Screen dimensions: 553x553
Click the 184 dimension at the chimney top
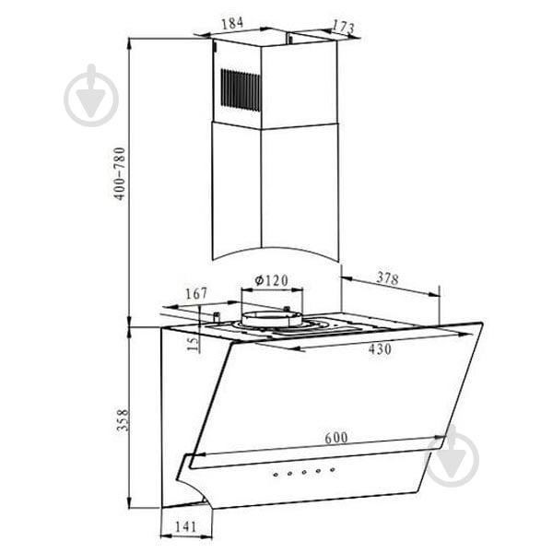click(x=232, y=23)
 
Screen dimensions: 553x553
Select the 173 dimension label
click(x=344, y=26)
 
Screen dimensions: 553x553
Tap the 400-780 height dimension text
click(x=120, y=174)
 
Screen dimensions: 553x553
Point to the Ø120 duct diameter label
click(x=271, y=280)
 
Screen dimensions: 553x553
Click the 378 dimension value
click(x=388, y=278)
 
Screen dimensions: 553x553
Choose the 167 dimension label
click(x=196, y=293)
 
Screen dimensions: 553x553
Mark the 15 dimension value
click(x=193, y=344)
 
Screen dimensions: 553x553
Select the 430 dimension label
click(x=380, y=349)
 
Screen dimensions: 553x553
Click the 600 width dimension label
click(x=336, y=438)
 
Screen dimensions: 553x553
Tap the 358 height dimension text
click(x=124, y=420)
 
